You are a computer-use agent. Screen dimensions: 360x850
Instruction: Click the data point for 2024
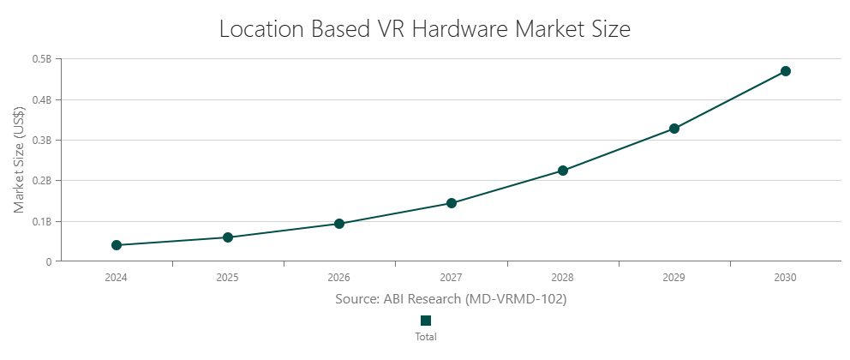coord(117,245)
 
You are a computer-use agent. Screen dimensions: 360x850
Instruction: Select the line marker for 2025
coord(228,237)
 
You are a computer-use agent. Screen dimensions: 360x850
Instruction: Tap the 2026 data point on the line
coord(339,224)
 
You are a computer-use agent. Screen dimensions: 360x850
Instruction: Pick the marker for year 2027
coord(452,203)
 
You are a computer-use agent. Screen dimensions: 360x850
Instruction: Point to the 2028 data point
coord(563,171)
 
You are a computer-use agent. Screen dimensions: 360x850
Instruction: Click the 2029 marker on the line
coord(674,129)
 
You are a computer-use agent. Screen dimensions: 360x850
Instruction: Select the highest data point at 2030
coord(786,71)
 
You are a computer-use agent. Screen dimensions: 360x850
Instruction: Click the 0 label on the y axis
coord(48,262)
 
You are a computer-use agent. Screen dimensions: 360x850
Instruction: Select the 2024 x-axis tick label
coord(117,278)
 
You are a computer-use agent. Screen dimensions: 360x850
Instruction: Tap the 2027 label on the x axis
coord(452,278)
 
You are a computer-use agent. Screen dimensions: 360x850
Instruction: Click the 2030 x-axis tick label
coord(786,278)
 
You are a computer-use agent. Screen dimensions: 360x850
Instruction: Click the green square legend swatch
coord(426,321)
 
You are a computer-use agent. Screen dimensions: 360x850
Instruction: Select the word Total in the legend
coord(426,337)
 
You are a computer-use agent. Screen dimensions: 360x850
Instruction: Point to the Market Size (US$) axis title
coord(19,160)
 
